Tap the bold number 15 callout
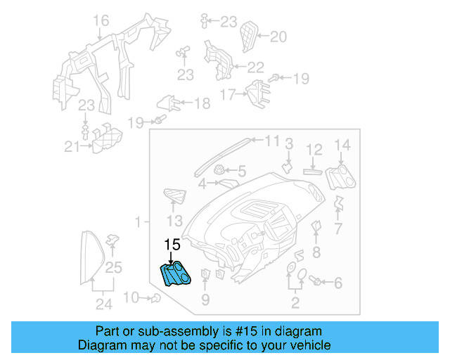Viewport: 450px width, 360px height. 172,245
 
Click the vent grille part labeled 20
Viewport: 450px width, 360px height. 248,35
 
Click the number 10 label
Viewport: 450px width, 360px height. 131,297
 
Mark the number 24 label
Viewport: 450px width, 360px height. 104,304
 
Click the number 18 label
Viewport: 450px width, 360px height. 202,104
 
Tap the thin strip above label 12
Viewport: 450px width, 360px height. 314,169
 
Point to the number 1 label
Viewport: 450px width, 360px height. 139,221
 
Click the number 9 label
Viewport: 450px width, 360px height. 205,301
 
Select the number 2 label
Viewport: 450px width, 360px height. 295,304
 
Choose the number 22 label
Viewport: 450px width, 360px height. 255,67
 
